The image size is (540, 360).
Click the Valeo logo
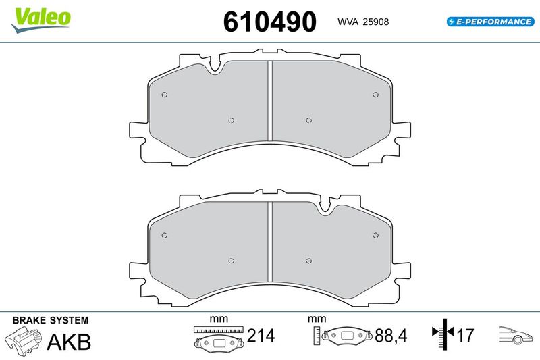click(x=41, y=20)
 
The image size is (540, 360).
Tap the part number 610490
click(x=269, y=22)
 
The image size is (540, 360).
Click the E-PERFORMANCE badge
click(x=491, y=22)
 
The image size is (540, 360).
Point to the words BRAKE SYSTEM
click(x=50, y=320)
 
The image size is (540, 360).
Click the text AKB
click(x=69, y=342)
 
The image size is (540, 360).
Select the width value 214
click(x=261, y=336)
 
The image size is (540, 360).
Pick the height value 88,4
click(x=391, y=336)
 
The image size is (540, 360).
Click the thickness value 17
click(x=465, y=336)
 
